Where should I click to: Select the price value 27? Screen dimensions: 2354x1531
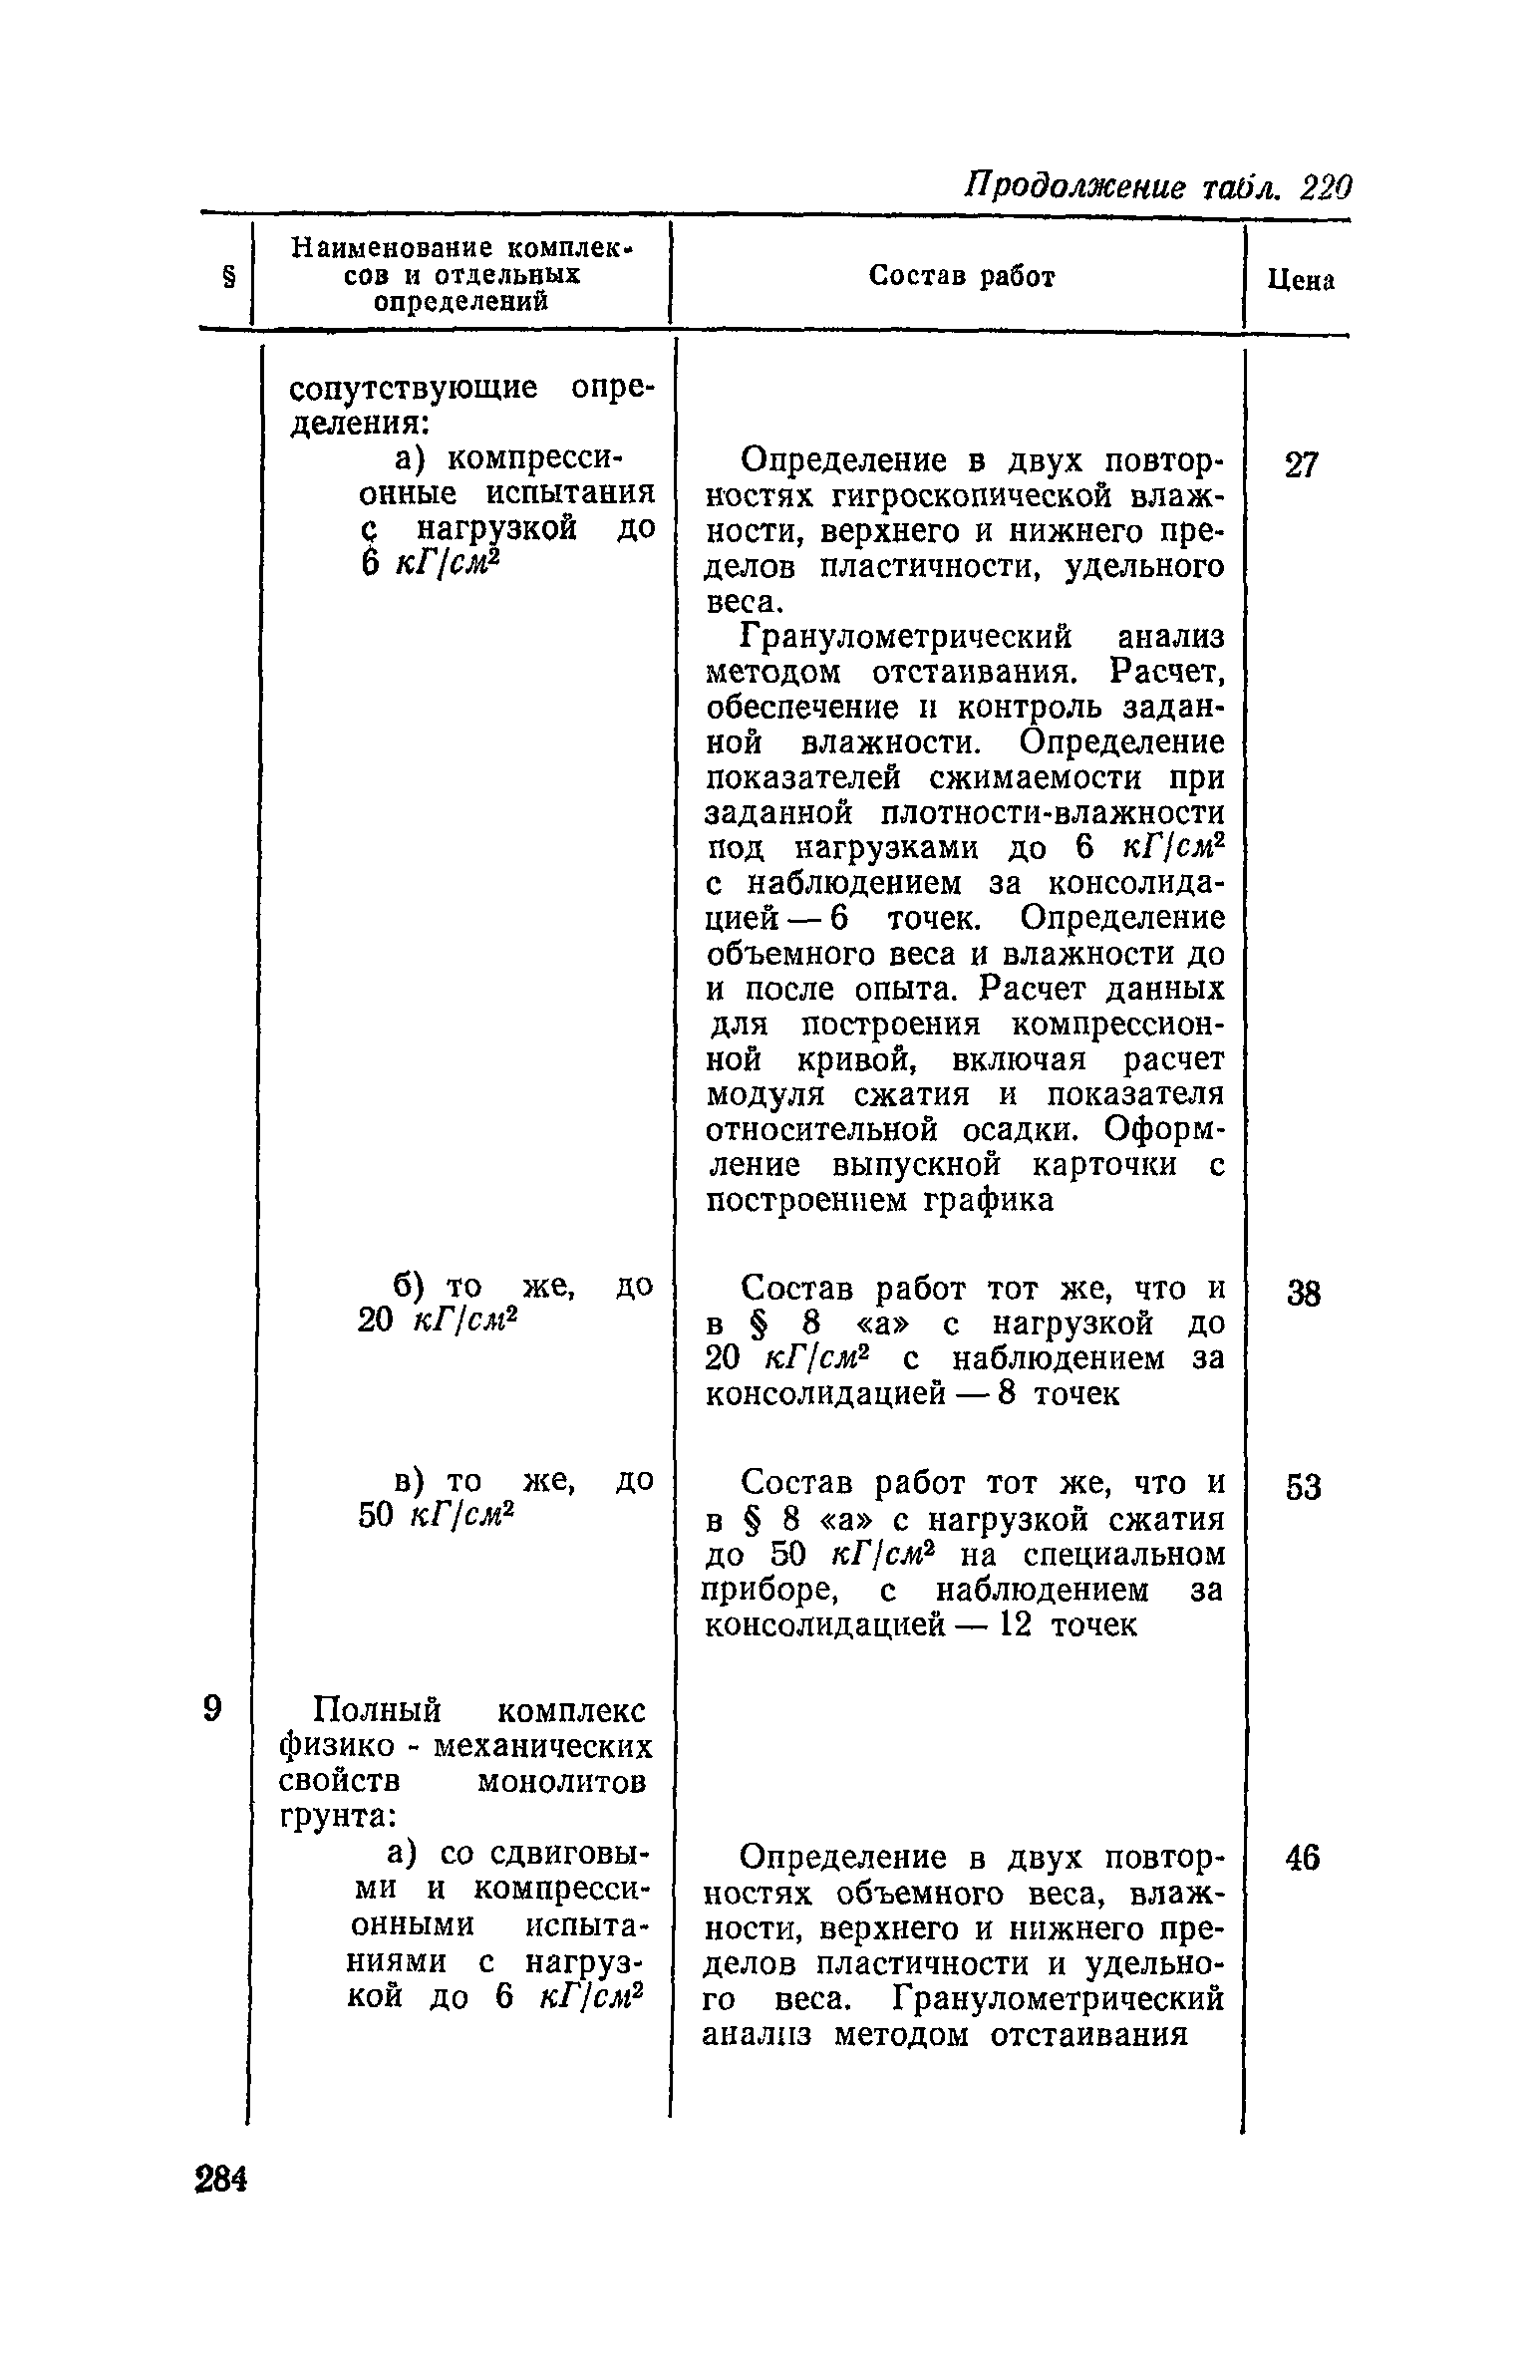[x=1301, y=465]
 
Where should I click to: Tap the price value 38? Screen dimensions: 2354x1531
[x=1302, y=1294]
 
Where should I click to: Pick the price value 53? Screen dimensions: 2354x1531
[x=1303, y=1488]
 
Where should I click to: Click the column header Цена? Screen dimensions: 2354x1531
[x=1301, y=281]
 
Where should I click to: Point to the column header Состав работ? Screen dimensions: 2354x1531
[x=961, y=276]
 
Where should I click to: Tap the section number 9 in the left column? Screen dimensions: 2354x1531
[x=211, y=1708]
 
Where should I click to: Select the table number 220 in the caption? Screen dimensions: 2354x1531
[x=1326, y=185]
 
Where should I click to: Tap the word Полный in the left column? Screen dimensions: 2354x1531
[x=377, y=1710]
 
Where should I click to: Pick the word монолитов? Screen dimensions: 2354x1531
[x=562, y=1780]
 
